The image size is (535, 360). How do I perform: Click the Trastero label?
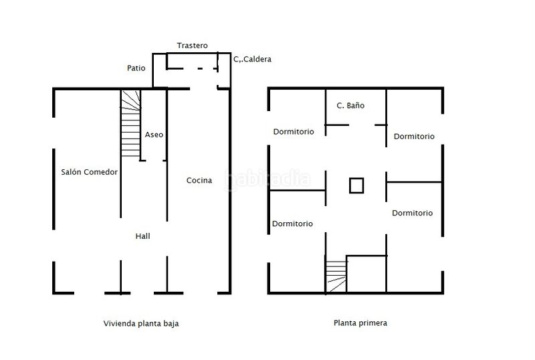click(x=192, y=46)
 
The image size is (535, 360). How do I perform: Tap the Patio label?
click(x=136, y=68)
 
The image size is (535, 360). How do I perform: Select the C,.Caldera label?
click(x=253, y=59)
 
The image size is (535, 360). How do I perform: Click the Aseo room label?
click(x=154, y=134)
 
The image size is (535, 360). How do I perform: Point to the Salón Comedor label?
click(x=90, y=172)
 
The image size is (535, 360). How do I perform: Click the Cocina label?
click(x=199, y=181)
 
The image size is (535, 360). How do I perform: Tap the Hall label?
click(x=142, y=236)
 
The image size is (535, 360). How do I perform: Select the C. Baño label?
click(x=350, y=106)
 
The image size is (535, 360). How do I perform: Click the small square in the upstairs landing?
click(x=356, y=185)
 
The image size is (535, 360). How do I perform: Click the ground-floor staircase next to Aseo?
click(x=130, y=124)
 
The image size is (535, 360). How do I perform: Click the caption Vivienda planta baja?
click(x=141, y=323)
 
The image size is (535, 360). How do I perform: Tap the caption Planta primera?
click(x=360, y=323)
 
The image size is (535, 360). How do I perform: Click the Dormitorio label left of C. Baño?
click(x=294, y=132)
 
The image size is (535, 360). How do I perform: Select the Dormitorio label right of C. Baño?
click(x=414, y=137)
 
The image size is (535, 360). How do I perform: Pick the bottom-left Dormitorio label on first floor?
click(x=292, y=223)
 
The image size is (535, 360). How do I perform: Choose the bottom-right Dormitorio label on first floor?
click(x=412, y=213)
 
